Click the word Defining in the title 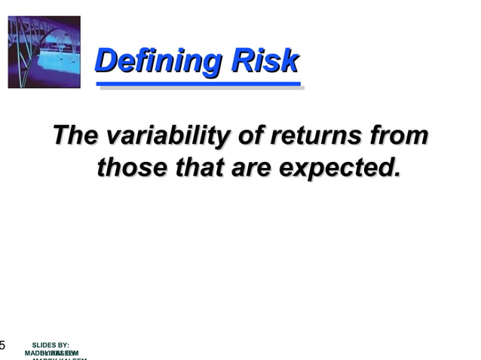158,62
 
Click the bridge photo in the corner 44,52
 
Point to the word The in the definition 75,137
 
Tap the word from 400,137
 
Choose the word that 198,167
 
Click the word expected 335,168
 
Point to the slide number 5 2,346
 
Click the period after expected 397,174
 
